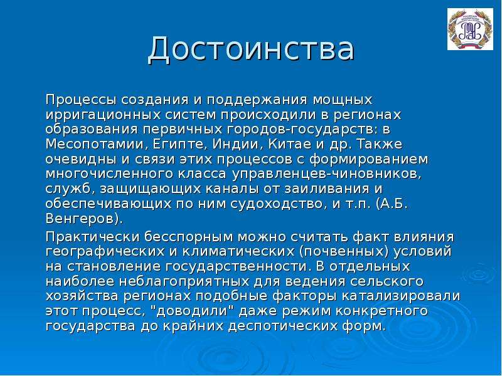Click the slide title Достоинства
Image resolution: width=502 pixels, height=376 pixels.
(250, 49)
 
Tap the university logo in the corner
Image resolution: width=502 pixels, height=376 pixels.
(469, 29)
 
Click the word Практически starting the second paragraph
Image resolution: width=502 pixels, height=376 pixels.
(93, 238)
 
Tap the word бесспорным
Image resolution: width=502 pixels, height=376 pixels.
(190, 238)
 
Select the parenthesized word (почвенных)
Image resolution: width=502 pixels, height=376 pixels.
(344, 252)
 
